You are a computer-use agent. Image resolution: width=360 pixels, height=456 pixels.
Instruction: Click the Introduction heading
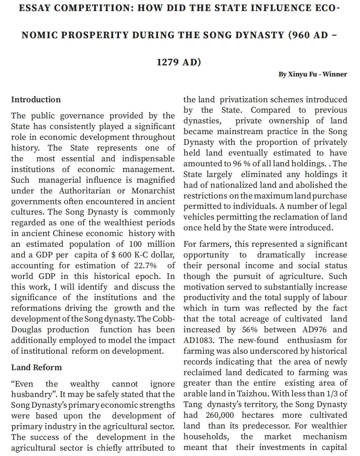(36, 100)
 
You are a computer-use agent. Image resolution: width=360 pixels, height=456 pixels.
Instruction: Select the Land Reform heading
(37, 367)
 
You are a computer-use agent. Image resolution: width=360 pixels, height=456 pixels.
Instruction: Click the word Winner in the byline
(335, 74)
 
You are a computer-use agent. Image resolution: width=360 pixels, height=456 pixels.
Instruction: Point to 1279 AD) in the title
(179, 62)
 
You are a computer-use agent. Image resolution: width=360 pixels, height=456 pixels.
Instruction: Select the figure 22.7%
(145, 266)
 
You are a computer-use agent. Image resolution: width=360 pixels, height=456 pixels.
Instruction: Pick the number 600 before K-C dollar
(125, 255)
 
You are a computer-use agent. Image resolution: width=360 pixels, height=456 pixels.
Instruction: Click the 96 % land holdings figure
(239, 164)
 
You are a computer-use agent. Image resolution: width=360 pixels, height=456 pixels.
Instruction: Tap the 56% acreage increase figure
(250, 330)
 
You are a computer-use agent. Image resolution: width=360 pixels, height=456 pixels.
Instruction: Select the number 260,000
(220, 415)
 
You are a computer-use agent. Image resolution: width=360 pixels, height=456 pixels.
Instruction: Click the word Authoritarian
(85, 191)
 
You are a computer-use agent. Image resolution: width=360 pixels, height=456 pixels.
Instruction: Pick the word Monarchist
(153, 191)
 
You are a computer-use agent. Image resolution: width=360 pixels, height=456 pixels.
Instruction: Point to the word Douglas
(26, 330)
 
